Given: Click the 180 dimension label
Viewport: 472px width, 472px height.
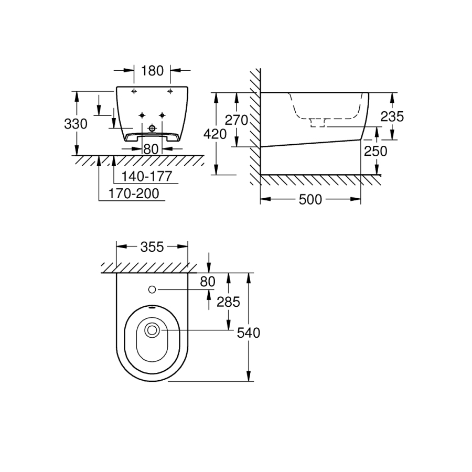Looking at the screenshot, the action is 152,71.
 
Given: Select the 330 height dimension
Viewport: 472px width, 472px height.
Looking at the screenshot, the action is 76,124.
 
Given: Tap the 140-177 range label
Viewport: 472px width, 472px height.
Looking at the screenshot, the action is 146,176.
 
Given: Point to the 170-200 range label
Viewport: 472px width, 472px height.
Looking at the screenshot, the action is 134,194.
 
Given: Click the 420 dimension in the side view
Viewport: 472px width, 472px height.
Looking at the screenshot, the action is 215,134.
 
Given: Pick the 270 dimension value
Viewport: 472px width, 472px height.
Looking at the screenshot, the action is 237,120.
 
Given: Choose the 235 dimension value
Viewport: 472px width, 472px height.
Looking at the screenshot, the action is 392,116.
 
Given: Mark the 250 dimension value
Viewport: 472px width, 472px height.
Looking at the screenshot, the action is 376,152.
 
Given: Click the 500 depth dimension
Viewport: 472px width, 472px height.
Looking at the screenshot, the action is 310,200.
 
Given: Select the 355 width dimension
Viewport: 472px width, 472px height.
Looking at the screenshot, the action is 152,247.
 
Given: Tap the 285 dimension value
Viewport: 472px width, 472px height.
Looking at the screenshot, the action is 229,302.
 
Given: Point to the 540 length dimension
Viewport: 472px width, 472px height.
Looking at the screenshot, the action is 249,333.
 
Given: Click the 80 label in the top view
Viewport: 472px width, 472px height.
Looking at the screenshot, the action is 208,282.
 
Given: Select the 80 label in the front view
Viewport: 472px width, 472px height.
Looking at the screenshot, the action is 151,149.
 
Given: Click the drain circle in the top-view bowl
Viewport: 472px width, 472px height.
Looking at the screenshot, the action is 152,330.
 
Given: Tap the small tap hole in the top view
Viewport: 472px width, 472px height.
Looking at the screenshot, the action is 152,289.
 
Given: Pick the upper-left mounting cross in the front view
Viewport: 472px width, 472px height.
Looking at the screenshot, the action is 134,91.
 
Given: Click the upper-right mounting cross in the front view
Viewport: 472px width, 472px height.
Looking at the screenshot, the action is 170,91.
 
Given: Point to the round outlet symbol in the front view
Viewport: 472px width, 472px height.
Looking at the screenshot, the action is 152,128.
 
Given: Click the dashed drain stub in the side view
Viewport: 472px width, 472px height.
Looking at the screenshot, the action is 318,122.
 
